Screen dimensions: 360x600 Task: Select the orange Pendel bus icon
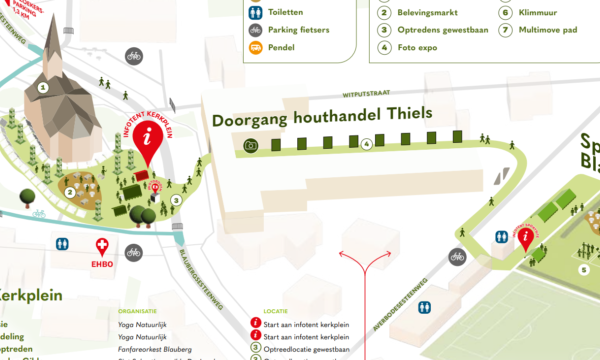coord(256,47)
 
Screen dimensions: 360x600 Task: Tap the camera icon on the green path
coord(250,146)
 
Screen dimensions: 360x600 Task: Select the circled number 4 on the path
coord(367,145)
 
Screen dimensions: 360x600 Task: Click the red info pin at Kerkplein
coord(150,140)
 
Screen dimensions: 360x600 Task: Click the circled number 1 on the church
coord(43,87)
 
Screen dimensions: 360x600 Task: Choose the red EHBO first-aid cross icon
coord(102,245)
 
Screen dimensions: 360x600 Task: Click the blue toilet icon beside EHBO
coord(64,243)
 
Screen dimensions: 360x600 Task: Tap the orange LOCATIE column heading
coord(276,311)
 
